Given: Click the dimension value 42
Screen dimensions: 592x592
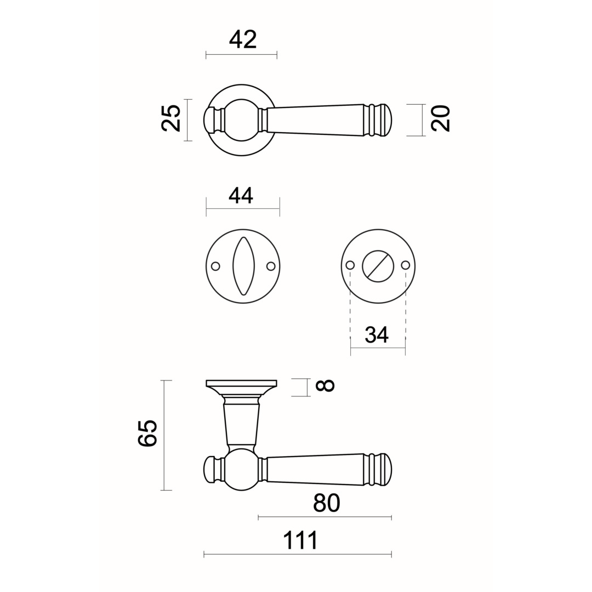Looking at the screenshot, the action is pyautogui.click(x=242, y=39).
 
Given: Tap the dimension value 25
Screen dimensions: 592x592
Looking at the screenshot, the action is pyautogui.click(x=171, y=118).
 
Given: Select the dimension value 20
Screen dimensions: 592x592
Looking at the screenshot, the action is pyautogui.click(x=441, y=118).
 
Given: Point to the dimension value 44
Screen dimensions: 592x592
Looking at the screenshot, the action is pyautogui.click(x=241, y=196).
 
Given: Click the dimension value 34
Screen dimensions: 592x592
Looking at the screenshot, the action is pyautogui.click(x=377, y=334).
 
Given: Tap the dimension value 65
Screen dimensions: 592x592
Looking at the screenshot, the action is pyautogui.click(x=147, y=433).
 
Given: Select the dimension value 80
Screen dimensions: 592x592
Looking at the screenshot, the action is pyautogui.click(x=327, y=503).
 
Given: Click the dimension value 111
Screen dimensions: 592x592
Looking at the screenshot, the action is pyautogui.click(x=300, y=540).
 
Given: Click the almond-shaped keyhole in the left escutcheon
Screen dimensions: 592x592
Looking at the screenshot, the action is pyautogui.click(x=243, y=266).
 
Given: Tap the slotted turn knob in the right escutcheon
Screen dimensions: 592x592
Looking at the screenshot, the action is pyautogui.click(x=378, y=266).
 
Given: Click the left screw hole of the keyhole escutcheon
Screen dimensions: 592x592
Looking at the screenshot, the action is pyautogui.click(x=215, y=266).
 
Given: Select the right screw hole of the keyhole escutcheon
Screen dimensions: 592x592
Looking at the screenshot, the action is pyautogui.click(x=271, y=266).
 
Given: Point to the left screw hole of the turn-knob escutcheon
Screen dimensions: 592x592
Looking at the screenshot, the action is pyautogui.click(x=350, y=265).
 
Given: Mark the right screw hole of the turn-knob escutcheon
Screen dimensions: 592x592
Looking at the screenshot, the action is pyautogui.click(x=406, y=265).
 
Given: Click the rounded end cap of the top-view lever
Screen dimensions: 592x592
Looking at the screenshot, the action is pyautogui.click(x=385, y=119).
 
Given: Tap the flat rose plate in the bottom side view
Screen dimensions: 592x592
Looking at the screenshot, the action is pyautogui.click(x=242, y=384).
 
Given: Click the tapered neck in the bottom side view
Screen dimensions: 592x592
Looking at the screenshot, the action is pyautogui.click(x=242, y=424).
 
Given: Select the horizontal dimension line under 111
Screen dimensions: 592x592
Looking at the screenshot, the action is pyautogui.click(x=298, y=554).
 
